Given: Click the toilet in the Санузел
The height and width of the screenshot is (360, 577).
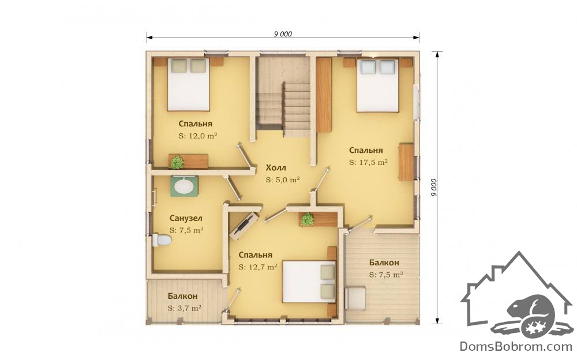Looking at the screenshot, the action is (x=162, y=241).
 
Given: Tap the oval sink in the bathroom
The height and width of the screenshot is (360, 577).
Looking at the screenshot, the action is (x=183, y=186).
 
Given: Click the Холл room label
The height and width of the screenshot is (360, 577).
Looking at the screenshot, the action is (x=276, y=168).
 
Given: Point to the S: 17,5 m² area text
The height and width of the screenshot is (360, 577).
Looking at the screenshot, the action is (x=368, y=162).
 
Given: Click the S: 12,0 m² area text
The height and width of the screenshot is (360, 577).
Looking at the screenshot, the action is (x=197, y=136).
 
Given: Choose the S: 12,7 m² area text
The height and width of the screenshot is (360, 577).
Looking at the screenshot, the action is (x=257, y=267).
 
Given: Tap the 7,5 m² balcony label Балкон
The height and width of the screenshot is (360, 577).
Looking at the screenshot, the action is (x=384, y=263).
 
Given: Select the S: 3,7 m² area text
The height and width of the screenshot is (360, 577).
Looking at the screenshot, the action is (x=184, y=308).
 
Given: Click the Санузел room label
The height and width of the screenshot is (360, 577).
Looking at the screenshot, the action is (x=186, y=218).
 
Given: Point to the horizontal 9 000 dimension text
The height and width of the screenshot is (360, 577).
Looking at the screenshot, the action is (x=283, y=34).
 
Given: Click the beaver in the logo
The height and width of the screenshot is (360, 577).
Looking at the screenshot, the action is (x=529, y=310).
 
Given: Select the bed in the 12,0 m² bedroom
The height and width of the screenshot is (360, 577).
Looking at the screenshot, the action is (x=189, y=84).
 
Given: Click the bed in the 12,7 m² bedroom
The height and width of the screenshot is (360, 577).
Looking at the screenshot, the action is (x=309, y=282).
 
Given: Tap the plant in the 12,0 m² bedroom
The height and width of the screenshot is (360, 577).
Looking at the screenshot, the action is (x=177, y=162).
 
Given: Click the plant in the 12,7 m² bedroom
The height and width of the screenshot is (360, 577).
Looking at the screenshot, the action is (x=308, y=219).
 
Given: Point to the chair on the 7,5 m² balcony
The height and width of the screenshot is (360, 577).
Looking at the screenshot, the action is (x=355, y=298).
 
